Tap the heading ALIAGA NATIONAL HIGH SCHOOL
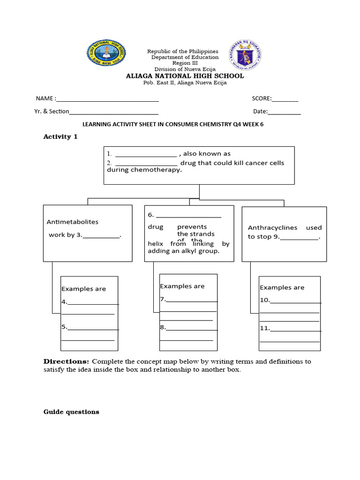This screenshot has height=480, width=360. [185, 76]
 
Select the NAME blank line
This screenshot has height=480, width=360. [107, 99]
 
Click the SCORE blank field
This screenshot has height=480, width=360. [285, 99]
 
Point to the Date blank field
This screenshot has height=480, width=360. [284, 112]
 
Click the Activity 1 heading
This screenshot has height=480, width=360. [60, 137]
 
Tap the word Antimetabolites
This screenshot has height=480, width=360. [73, 222]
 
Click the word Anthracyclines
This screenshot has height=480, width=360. [272, 228]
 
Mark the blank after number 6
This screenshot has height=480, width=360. [188, 216]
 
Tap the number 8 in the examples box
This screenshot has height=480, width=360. [163, 328]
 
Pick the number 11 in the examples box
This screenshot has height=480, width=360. [264, 329]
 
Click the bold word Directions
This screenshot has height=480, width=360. [66, 361]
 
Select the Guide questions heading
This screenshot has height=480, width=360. [71, 412]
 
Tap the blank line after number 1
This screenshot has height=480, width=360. [145, 154]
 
